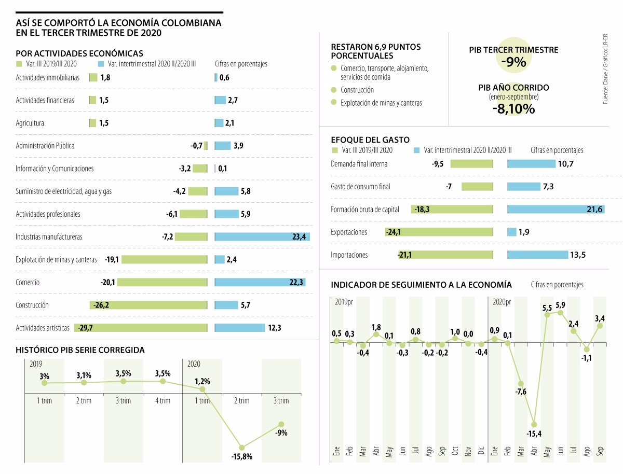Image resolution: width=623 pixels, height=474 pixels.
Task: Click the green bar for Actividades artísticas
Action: point(140,328)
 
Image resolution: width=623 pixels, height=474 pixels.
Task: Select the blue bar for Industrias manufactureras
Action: point(262,237)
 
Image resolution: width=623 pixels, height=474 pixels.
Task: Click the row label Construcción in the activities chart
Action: point(32,305)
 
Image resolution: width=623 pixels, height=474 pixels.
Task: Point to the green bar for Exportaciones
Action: point(439,232)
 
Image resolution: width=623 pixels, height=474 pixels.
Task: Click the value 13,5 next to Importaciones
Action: point(581,255)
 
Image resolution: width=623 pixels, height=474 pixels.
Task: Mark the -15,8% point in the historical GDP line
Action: point(242,447)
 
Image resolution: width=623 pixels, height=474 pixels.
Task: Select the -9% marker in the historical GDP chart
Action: point(281,424)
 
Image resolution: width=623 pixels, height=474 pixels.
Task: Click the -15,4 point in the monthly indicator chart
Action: point(534,424)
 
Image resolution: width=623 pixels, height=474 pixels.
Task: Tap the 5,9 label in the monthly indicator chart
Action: point(561,305)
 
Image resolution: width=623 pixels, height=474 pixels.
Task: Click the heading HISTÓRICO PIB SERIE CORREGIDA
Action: point(80,350)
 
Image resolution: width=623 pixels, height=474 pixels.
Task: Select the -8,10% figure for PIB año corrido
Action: point(513,109)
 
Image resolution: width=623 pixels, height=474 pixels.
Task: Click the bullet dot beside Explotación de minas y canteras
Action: point(333,103)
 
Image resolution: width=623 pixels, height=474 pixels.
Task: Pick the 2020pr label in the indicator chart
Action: point(502,301)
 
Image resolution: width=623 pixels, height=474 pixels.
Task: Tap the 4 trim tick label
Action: point(162,400)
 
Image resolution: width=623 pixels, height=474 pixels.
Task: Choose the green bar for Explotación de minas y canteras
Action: point(164,260)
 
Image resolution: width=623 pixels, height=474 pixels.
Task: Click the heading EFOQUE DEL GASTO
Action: point(370,140)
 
